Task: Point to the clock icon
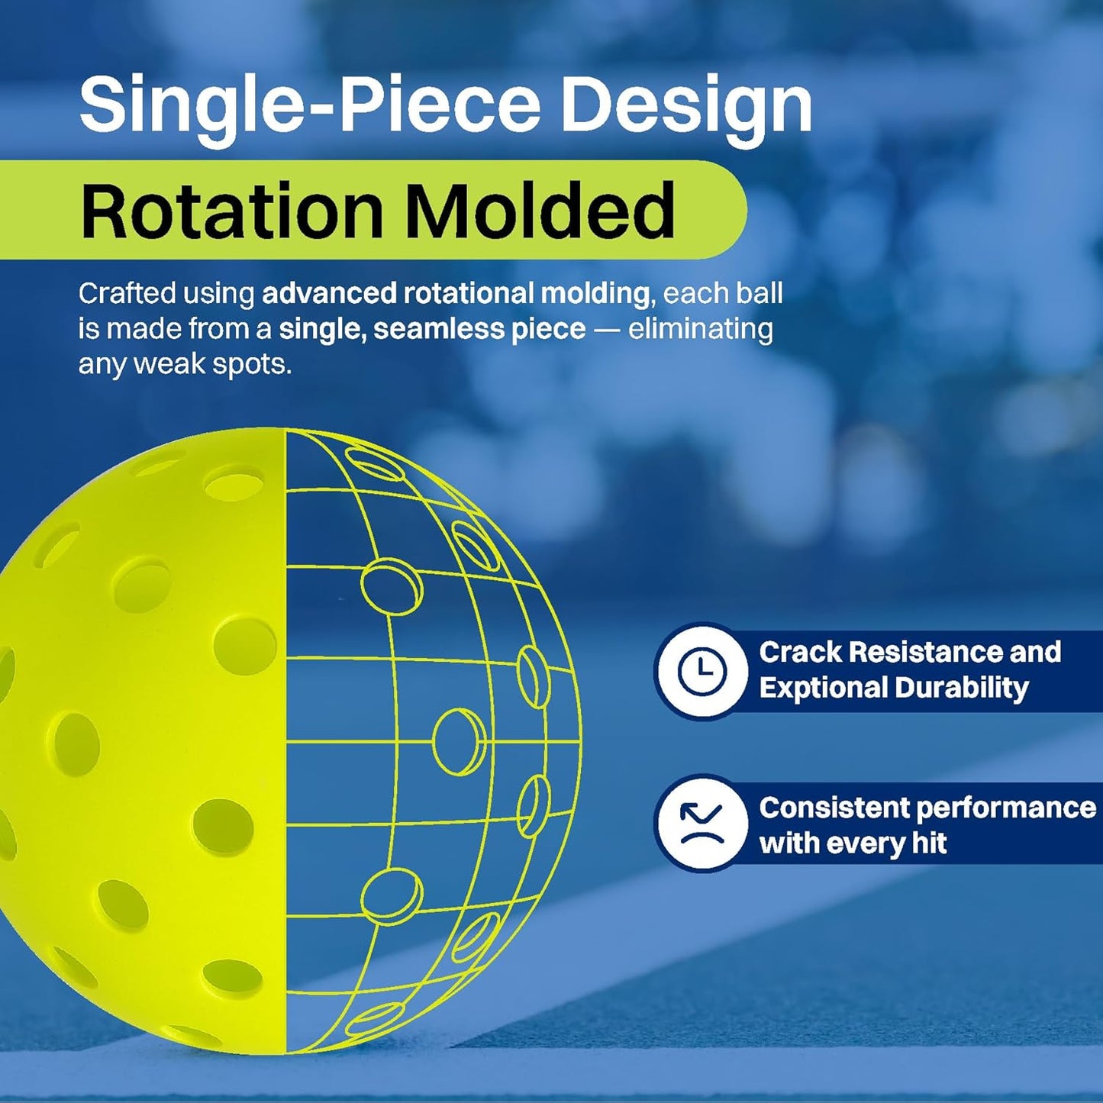click(x=701, y=671)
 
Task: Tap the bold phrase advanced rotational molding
click(x=455, y=293)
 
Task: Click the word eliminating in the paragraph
click(x=700, y=329)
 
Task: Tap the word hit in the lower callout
click(x=929, y=843)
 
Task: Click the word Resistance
click(x=925, y=652)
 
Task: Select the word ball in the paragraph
click(x=760, y=293)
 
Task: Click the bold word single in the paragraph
click(x=321, y=329)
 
